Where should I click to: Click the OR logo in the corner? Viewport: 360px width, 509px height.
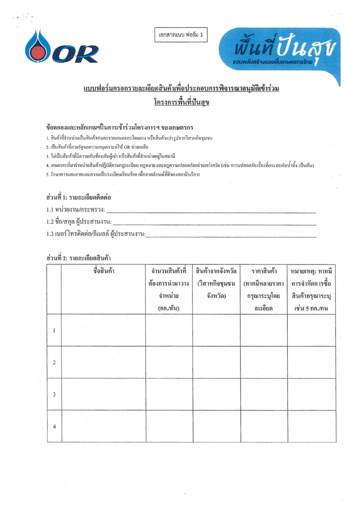click(x=62, y=48)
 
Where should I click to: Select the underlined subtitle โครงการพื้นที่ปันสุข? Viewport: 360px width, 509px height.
click(x=182, y=102)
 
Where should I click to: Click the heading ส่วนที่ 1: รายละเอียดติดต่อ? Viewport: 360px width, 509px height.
click(x=79, y=197)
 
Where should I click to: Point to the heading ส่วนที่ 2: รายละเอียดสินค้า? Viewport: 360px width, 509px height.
click(x=79, y=258)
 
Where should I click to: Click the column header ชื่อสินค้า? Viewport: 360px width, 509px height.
click(x=103, y=271)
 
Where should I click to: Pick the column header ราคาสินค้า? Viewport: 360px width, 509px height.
click(x=264, y=271)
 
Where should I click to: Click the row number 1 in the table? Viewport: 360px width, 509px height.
click(x=54, y=331)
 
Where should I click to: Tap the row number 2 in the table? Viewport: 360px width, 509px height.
click(x=54, y=363)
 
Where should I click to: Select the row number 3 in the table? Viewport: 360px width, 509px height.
click(x=54, y=395)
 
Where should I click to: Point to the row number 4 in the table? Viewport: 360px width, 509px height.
click(x=54, y=427)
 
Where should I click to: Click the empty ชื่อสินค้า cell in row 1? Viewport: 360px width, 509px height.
click(x=103, y=331)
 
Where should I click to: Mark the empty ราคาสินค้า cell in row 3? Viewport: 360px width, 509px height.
click(x=264, y=395)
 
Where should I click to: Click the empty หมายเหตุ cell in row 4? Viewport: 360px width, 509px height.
click(x=311, y=427)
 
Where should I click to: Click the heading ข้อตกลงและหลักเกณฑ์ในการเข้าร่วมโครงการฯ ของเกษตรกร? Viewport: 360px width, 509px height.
click(x=117, y=127)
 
